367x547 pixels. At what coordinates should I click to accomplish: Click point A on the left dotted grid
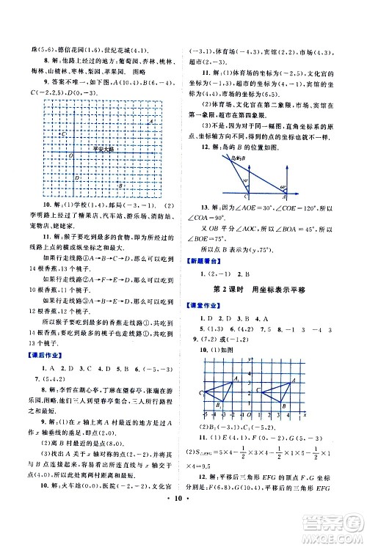149,122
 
